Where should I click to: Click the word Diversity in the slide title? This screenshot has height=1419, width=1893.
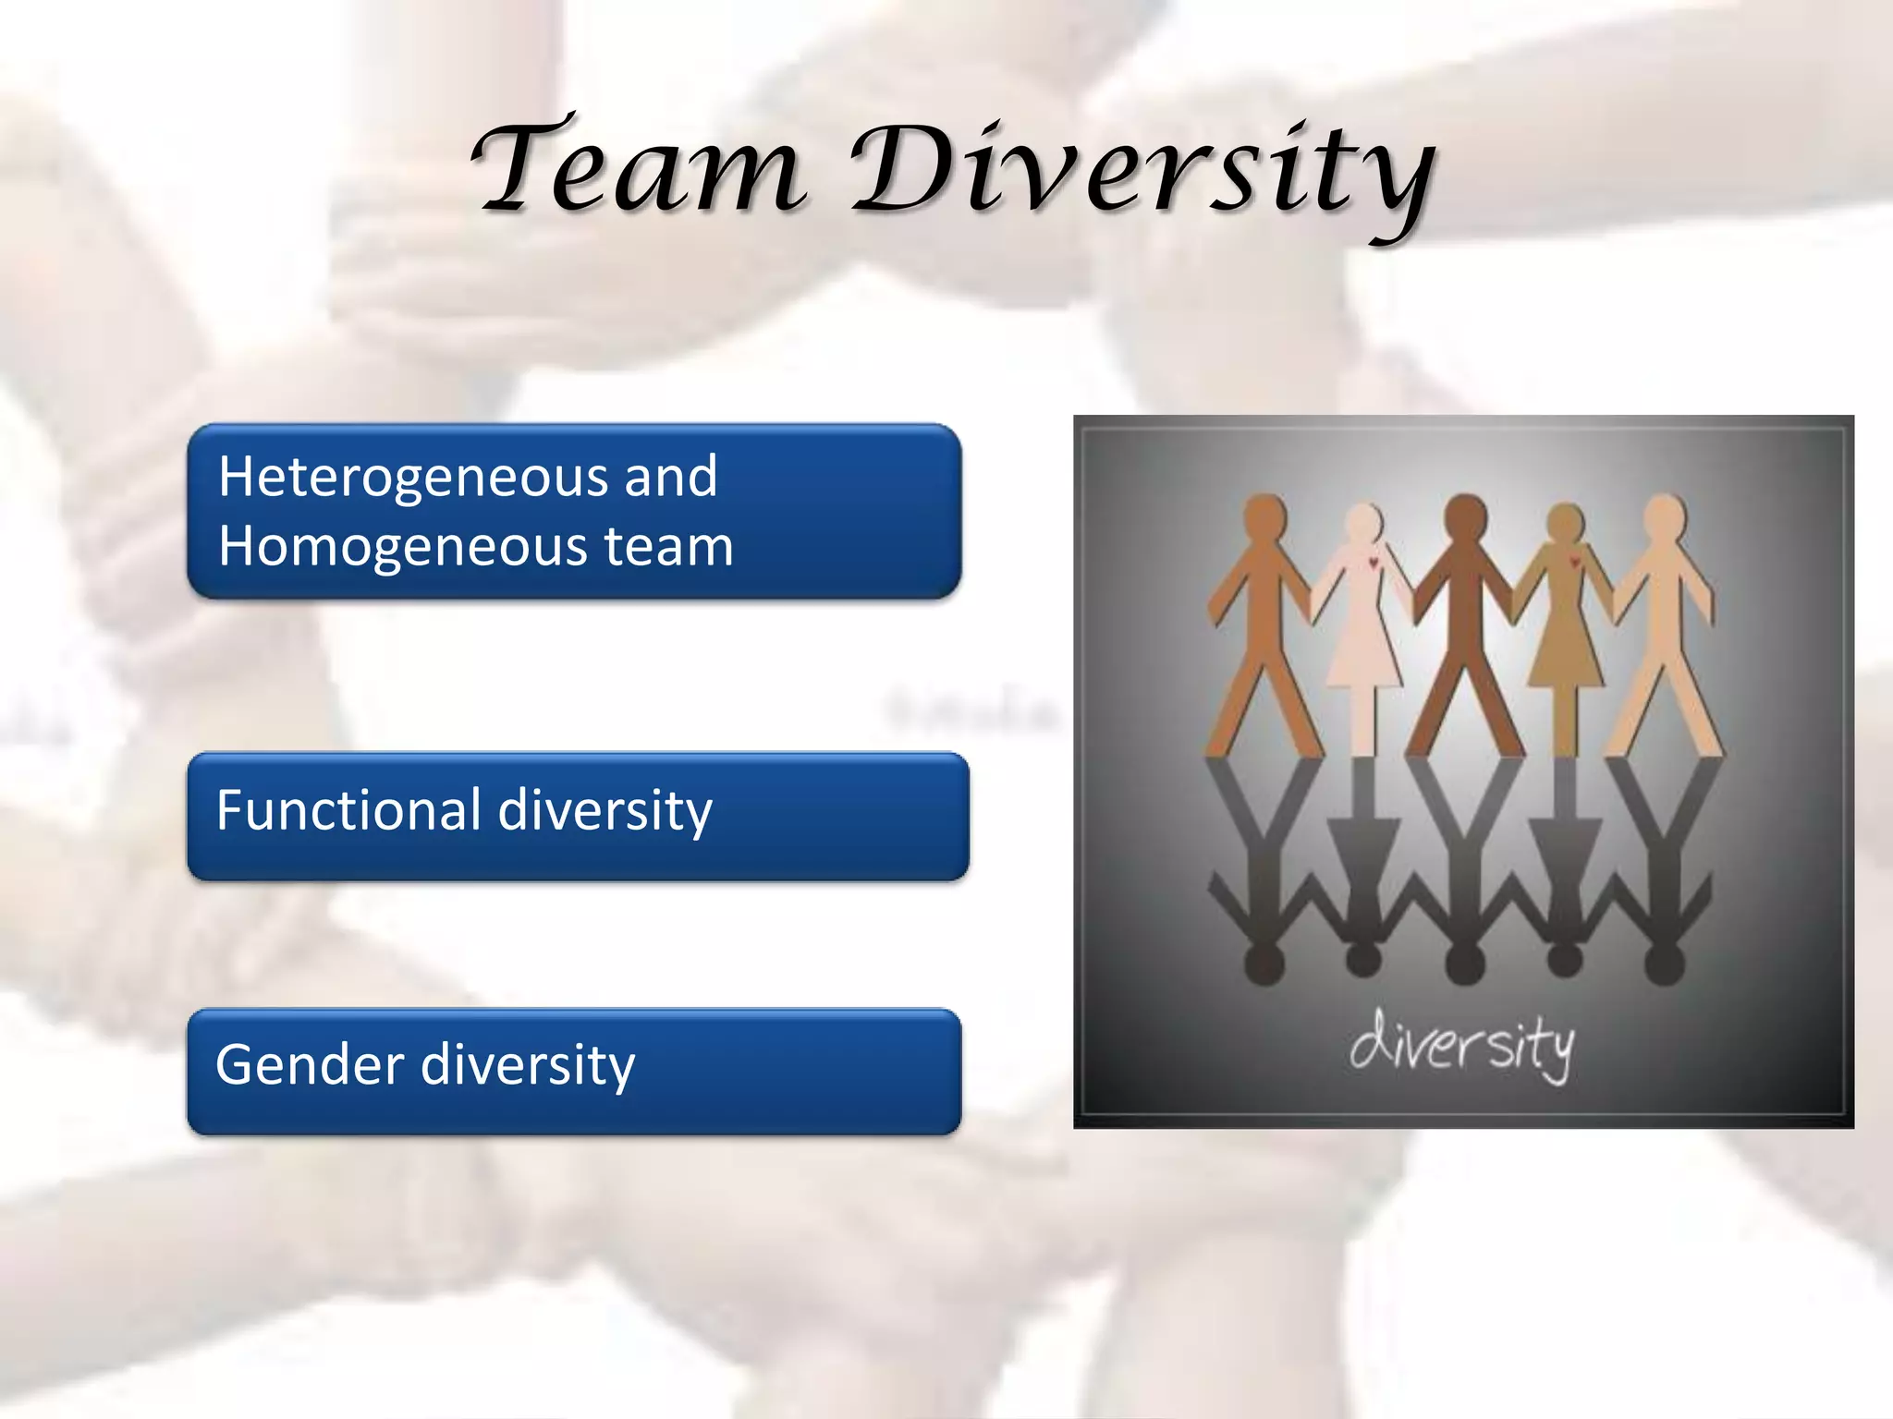pos(1142,176)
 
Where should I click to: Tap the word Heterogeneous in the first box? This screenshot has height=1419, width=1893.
pos(410,479)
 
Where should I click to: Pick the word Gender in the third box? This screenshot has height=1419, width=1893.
pos(310,1064)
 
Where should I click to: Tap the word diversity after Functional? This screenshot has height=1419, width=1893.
pos(605,812)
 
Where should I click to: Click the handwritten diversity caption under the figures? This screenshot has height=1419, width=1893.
pos(1461,1045)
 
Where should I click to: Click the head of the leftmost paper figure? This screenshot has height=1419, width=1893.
pos(1264,515)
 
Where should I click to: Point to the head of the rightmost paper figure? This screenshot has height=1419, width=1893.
pos(1665,515)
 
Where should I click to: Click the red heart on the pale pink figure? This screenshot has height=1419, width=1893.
pos(1374,562)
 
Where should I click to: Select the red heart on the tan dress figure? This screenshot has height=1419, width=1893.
pos(1573,561)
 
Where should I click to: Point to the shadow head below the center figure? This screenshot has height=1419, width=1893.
pos(1464,964)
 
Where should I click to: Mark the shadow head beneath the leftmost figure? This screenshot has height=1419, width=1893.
pos(1264,964)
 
